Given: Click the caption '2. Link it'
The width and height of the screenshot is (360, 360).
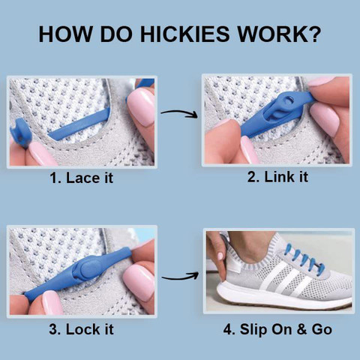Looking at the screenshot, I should click(278, 177).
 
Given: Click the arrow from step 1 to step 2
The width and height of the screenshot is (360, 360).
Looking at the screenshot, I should click(179, 115).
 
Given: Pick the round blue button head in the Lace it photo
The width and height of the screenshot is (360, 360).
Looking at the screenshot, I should click(18, 138).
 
